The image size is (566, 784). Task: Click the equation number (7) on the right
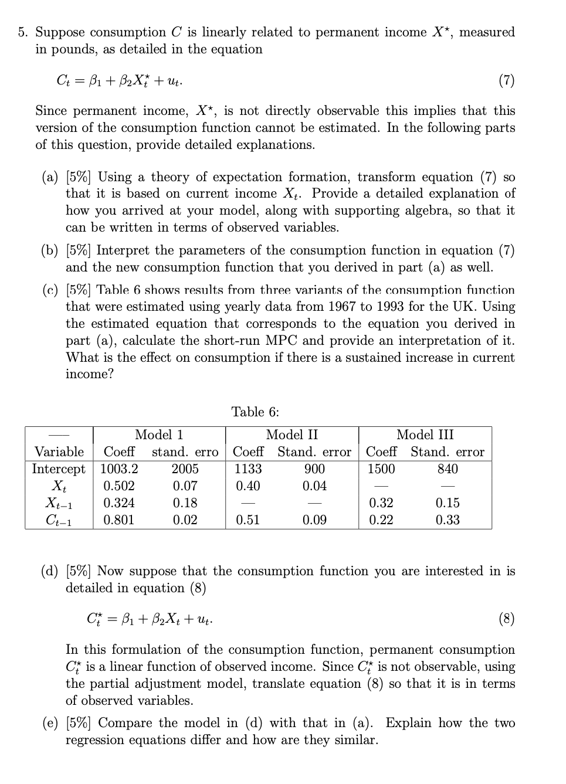click(506, 80)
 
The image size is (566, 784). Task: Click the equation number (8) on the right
click(506, 619)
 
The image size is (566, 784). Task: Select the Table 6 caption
click(255, 412)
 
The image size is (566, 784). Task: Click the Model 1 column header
click(159, 435)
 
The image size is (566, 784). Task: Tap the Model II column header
click(292, 435)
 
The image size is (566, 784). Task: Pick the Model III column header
click(425, 435)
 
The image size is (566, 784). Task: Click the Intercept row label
click(59, 469)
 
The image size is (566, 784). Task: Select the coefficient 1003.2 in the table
click(119, 469)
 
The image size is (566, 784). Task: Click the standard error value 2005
click(185, 469)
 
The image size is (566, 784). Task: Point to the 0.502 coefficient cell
click(119, 486)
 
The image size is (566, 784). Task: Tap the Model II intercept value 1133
click(248, 469)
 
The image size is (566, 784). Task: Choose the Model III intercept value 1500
click(381, 469)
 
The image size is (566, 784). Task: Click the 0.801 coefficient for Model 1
click(119, 520)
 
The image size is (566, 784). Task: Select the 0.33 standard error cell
click(448, 520)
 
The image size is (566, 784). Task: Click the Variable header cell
click(59, 452)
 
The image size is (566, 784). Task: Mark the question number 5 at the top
click(22, 32)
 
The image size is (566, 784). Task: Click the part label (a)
click(50, 177)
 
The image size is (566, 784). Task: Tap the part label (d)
click(50, 571)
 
